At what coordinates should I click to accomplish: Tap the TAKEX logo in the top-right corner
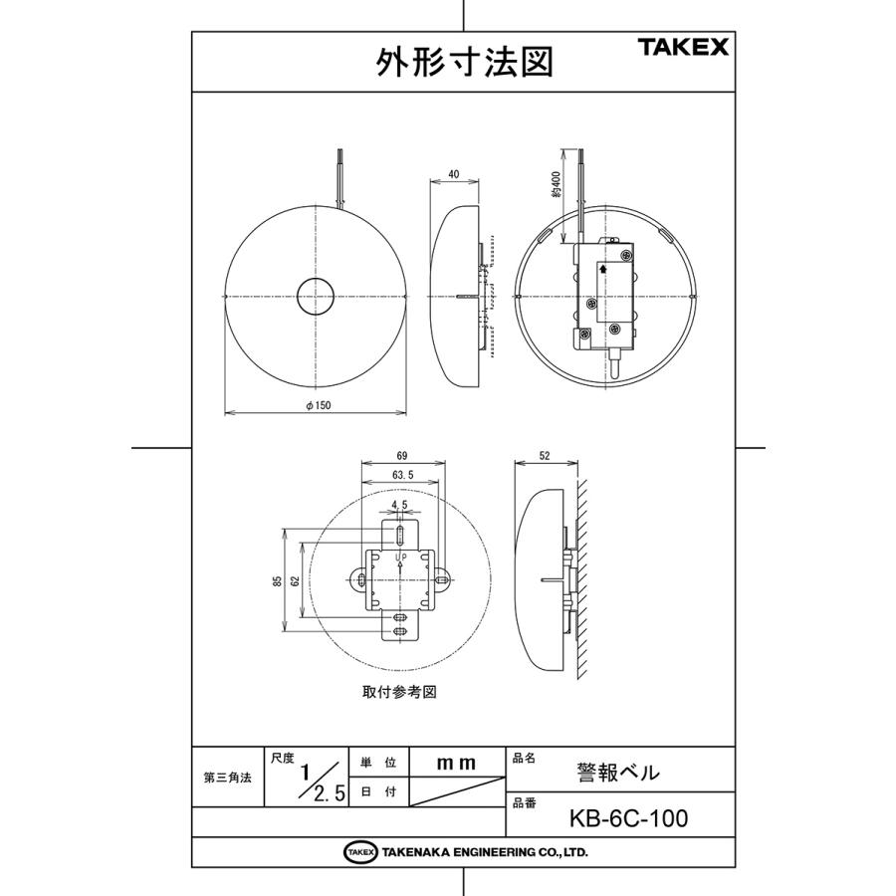(x=684, y=47)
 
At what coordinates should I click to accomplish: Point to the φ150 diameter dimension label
(x=317, y=404)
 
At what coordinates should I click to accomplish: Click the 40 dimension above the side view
(x=454, y=173)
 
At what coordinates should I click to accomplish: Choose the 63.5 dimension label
(x=403, y=474)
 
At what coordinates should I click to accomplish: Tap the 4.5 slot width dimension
(x=400, y=506)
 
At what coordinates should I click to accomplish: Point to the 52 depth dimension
(x=545, y=455)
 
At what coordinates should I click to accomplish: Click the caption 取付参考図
(x=399, y=690)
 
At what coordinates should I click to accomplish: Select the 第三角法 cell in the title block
(x=226, y=778)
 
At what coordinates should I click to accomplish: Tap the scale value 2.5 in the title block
(x=329, y=793)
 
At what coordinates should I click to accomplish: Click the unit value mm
(x=457, y=763)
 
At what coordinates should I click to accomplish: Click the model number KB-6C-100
(x=628, y=818)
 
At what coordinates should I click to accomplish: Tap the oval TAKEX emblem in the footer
(x=360, y=852)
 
